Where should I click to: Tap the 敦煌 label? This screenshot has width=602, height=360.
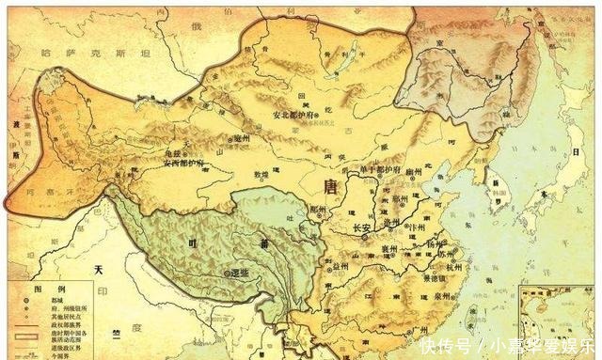click(248, 175)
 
